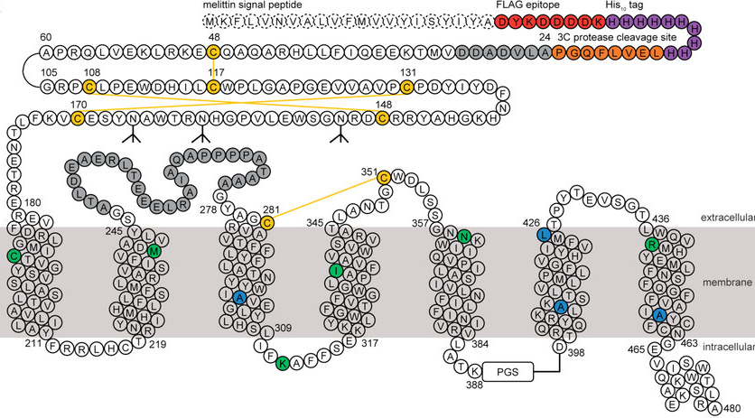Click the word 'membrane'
pos(727,283)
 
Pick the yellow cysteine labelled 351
pos(383,177)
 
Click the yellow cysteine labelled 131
pos(407,87)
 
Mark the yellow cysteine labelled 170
pos(79,116)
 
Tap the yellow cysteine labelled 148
pos(382,116)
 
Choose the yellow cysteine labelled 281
pos(267,222)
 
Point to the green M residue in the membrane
pos(154,252)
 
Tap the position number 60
pos(47,37)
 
